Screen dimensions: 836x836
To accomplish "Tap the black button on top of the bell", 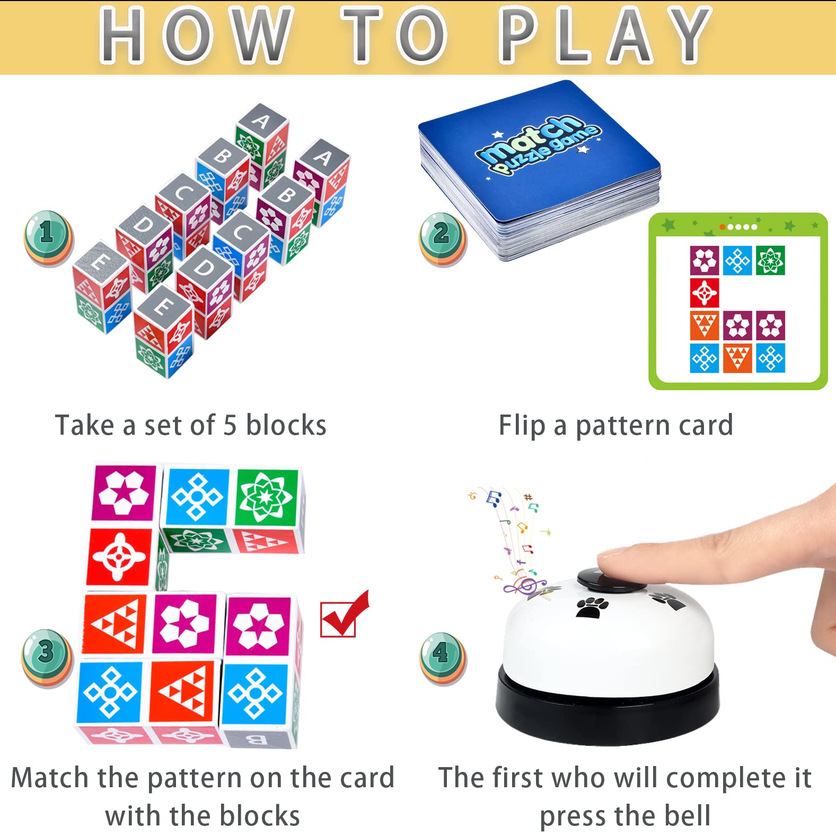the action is click(611, 579).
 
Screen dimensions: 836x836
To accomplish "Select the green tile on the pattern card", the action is click(770, 260).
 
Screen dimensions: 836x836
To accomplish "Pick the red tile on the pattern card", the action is click(704, 293).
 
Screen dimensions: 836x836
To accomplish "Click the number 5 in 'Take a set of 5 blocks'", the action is click(230, 425).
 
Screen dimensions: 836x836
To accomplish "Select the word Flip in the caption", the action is click(522, 426).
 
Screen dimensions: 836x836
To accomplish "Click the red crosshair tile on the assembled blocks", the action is click(120, 557).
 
